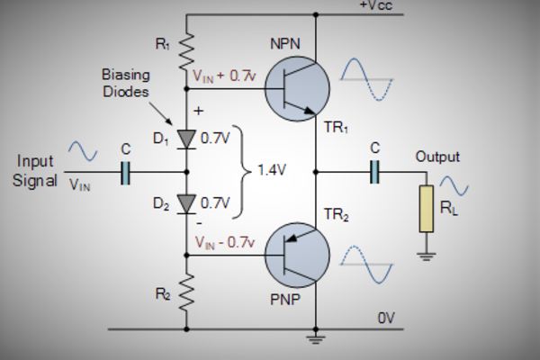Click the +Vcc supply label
tap(375, 7)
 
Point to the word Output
tap(437, 157)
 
